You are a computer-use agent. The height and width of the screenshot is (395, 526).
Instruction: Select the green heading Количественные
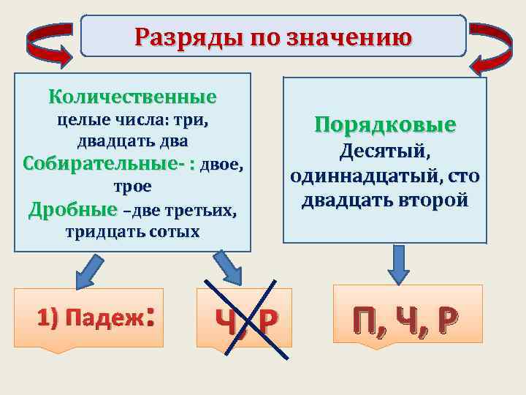(132, 97)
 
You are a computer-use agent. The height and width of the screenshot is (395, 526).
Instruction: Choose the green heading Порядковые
(385, 124)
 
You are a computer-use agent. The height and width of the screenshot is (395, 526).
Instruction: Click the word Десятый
(385, 152)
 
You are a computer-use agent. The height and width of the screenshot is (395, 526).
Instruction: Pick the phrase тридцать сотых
(132, 233)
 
